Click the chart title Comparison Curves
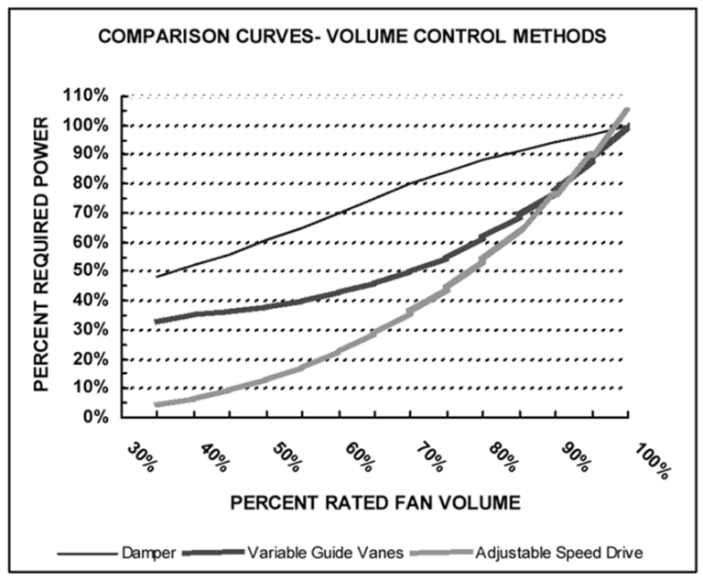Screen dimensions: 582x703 click(351, 39)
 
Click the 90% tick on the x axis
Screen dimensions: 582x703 click(573, 458)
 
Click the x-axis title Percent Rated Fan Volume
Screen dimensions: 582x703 click(374, 502)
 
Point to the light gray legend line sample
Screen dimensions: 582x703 click(448, 553)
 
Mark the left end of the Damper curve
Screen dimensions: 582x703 click(157, 276)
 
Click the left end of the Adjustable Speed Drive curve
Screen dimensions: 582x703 click(157, 404)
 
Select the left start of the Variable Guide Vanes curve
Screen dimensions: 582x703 click(157, 321)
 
